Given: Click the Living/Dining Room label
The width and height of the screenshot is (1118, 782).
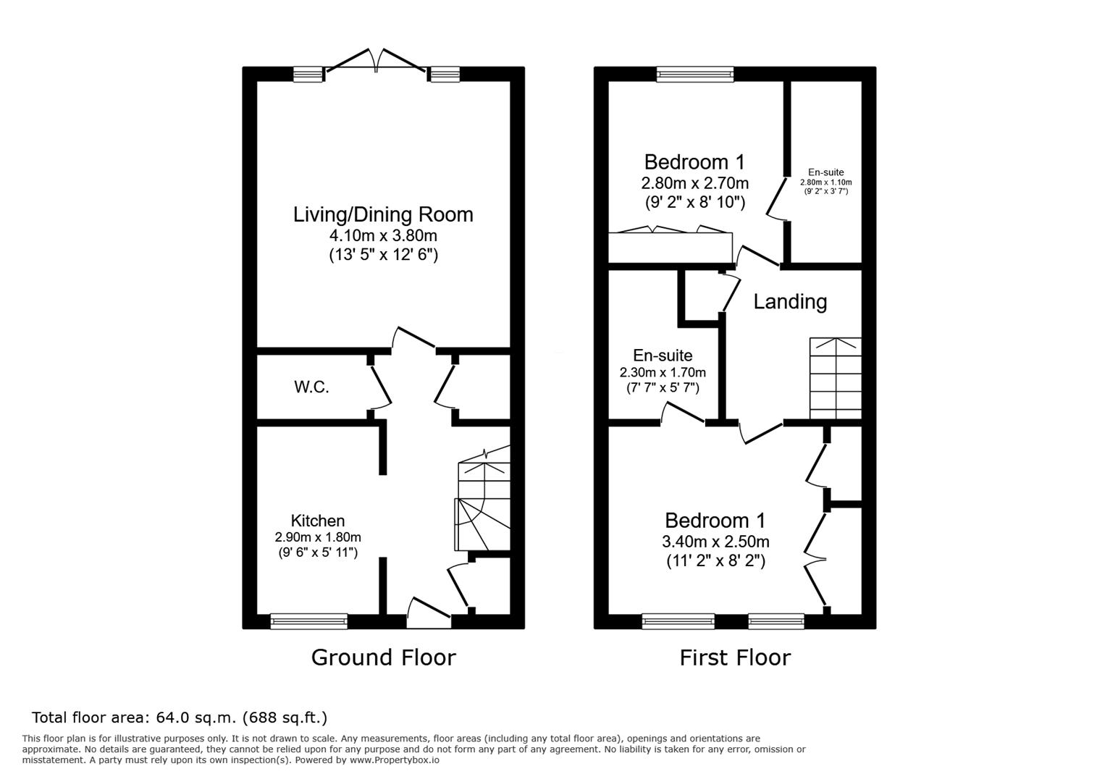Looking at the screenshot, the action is [x=383, y=215].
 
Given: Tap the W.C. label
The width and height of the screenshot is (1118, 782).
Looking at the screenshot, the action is [x=311, y=387].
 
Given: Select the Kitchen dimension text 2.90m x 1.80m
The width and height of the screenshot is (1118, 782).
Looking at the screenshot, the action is [x=317, y=537].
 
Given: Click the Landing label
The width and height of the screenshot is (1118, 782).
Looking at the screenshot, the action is [x=789, y=303].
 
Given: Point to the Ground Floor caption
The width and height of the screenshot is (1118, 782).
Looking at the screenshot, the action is [x=383, y=657].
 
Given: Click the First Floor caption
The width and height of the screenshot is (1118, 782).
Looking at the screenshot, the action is [x=735, y=657].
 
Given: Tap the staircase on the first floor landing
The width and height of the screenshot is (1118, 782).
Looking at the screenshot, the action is [x=836, y=378].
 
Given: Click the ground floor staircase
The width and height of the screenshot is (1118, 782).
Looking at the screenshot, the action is [x=483, y=499].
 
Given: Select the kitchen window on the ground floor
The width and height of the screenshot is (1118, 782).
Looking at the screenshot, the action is [x=309, y=621].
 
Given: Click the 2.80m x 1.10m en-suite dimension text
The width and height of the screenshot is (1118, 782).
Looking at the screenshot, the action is [x=826, y=182].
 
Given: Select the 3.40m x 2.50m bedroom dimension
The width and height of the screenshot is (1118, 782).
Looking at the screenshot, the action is [x=715, y=542].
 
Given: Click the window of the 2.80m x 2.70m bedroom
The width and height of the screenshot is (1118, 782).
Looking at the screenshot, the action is [x=694, y=74].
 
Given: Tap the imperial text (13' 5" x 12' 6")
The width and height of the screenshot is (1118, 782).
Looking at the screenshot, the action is [x=383, y=255].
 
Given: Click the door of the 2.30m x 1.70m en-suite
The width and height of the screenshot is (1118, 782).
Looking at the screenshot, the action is [x=683, y=413].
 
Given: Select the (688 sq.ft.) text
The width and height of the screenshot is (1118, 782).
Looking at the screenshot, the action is [x=285, y=718].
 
